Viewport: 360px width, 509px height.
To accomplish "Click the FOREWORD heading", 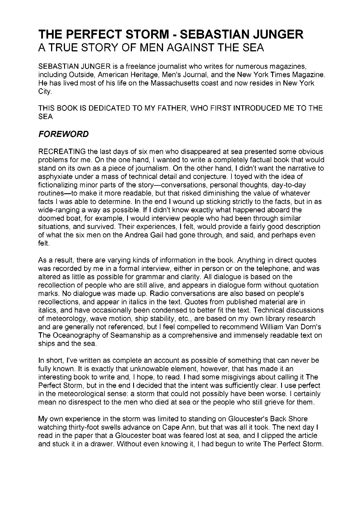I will pos(64,134).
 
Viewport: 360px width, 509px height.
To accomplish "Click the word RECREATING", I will pos(62,151).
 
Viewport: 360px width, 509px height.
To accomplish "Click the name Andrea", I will pos(137,235).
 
